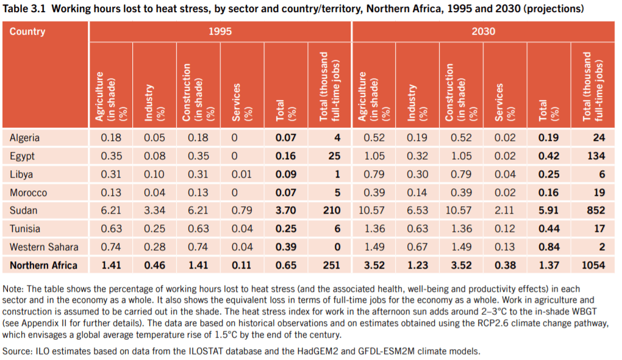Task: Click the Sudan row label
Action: [23, 211]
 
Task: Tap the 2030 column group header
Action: [483, 31]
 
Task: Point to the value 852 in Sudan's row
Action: [595, 211]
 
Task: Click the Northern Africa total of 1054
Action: [592, 265]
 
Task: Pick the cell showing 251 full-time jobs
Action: [331, 265]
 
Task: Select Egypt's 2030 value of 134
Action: [595, 156]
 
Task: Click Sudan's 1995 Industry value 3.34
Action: [154, 211]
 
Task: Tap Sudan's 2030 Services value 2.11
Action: [504, 211]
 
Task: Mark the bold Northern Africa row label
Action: [43, 265]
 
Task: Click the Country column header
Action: [27, 31]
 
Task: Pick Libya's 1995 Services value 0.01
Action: [241, 174]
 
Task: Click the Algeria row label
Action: [24, 137]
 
